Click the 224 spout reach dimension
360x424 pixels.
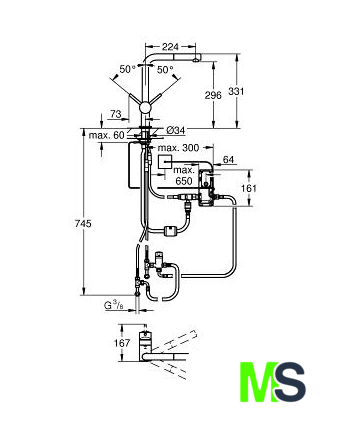[170, 47]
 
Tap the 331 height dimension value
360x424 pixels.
[236, 91]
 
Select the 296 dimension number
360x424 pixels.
[213, 96]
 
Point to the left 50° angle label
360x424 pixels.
[128, 69]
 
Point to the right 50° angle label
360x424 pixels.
[165, 70]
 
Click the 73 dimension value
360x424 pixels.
[115, 114]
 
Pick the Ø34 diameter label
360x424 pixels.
[175, 130]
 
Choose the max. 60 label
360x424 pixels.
[106, 135]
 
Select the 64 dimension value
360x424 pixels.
[228, 160]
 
